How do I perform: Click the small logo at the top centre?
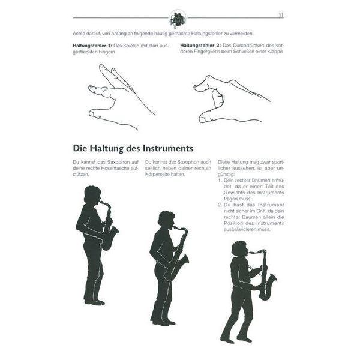click(178, 18)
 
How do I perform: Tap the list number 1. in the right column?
click(220, 180)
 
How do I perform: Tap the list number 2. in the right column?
click(220, 205)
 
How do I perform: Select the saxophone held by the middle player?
click(177, 255)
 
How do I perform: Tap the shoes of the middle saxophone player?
click(160, 322)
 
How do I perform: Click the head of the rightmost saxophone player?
click(239, 248)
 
